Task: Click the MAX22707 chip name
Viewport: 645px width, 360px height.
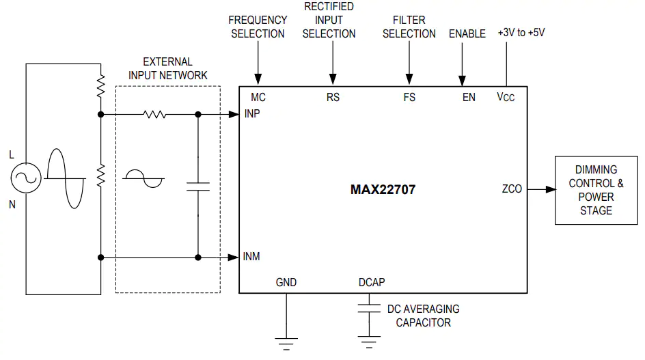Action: pos(383,189)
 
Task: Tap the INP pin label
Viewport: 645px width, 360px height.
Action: pos(252,113)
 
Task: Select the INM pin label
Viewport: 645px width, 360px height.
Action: pos(251,256)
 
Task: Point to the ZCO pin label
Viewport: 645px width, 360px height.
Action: pos(512,189)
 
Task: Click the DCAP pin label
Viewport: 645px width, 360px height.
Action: pos(372,282)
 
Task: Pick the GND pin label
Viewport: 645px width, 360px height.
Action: pos(286,282)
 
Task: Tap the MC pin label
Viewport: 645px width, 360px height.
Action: pos(258,97)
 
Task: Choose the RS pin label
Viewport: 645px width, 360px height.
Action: pos(333,97)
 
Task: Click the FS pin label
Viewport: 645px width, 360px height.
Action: pos(409,97)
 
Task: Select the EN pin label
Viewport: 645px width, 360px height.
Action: pos(469,97)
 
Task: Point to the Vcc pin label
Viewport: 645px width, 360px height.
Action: pos(506,97)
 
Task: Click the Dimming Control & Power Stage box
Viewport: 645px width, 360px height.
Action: pos(596,190)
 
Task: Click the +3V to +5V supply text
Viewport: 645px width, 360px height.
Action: pos(521,33)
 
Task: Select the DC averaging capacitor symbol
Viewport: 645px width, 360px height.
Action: pos(369,308)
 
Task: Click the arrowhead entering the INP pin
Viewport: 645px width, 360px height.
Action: pos(234,114)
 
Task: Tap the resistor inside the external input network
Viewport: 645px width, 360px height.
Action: pos(154,114)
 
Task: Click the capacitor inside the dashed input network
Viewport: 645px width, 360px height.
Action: pos(198,186)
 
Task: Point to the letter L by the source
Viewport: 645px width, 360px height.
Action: pos(12,154)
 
